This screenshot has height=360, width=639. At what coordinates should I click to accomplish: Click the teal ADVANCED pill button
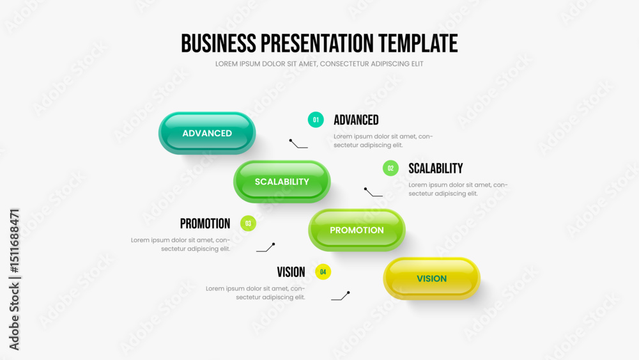[x=207, y=133]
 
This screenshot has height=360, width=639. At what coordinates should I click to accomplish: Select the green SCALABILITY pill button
[x=282, y=182]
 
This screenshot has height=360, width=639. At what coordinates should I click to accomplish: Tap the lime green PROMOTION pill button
[x=357, y=230]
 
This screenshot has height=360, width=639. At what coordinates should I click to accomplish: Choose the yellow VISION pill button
[x=431, y=278]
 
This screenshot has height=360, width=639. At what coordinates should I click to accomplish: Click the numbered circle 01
[x=316, y=120]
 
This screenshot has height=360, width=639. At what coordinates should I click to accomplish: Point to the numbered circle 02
[x=390, y=168]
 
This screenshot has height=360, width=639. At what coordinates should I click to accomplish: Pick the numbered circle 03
[x=248, y=223]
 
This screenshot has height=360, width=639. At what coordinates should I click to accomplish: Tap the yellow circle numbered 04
[x=323, y=272]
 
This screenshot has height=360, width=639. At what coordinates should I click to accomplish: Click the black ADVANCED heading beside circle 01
[x=356, y=120]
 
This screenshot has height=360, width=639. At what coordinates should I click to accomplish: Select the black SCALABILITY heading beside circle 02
[x=436, y=168]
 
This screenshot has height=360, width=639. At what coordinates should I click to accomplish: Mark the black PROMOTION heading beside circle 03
[x=205, y=223]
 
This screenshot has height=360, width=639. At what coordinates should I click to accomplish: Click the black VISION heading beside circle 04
[x=291, y=272]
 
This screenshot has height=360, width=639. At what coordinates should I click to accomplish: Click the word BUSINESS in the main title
[x=219, y=43]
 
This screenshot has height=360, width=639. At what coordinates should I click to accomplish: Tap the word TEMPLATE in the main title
[x=418, y=43]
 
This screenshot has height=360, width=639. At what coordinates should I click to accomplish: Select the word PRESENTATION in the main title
[x=317, y=43]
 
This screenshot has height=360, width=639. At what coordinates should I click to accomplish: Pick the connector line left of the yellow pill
[x=341, y=297]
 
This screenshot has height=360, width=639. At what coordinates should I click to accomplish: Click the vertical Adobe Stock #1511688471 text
[x=14, y=279]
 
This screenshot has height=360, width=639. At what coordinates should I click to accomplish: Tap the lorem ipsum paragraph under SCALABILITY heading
[x=458, y=189]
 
